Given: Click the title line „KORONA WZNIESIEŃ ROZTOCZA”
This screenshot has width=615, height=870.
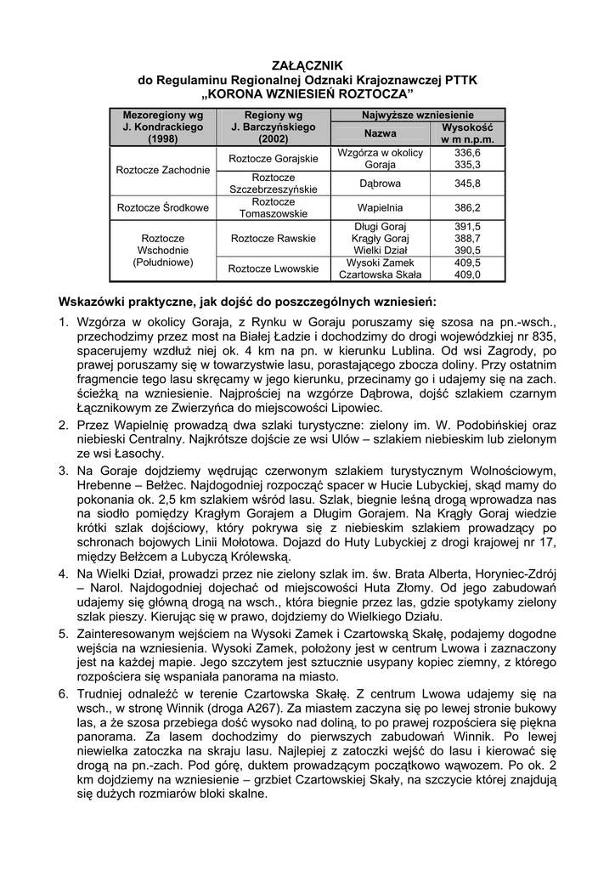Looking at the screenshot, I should point(307,93).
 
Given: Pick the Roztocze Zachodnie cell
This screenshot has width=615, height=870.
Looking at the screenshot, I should point(163,170).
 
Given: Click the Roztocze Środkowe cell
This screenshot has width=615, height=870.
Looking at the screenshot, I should point(163,207).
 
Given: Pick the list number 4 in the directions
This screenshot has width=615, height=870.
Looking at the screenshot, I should point(63,574).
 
